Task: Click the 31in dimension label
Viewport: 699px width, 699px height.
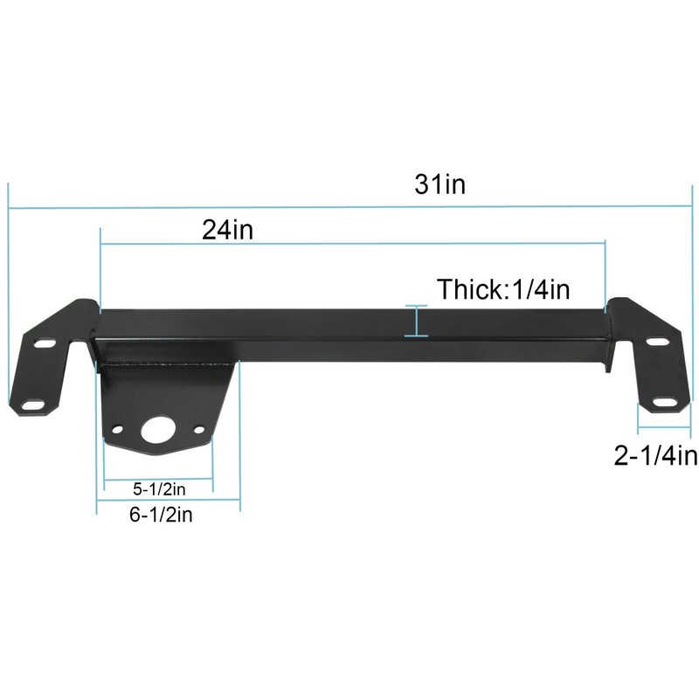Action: tap(441, 186)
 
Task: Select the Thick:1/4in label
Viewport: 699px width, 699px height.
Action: tap(509, 288)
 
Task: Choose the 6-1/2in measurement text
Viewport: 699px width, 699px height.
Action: tap(162, 516)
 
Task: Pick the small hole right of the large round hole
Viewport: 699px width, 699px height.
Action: tap(200, 429)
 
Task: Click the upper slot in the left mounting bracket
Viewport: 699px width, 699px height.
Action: tap(42, 345)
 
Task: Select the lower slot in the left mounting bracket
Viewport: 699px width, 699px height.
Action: tap(33, 404)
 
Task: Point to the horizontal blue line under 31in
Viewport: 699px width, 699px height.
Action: tap(349, 208)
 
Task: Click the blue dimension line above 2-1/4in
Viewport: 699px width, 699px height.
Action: tap(666, 430)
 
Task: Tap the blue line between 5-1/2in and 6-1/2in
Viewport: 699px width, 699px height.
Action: tap(167, 500)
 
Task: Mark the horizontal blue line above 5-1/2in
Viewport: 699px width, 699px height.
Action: tap(158, 476)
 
